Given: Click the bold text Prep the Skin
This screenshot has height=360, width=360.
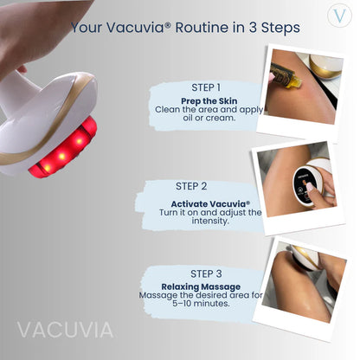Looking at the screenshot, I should coord(210,100).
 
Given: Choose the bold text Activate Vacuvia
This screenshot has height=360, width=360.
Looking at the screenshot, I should coord(198,203).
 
